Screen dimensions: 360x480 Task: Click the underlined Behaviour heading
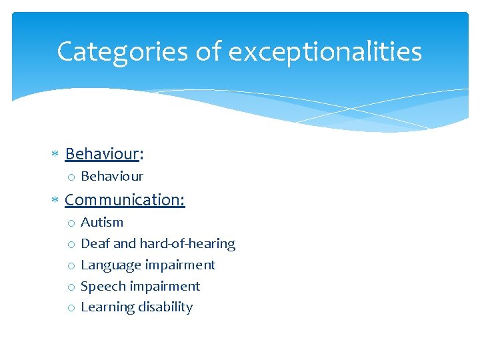(101, 154)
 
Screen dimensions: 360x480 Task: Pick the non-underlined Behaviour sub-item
(111, 177)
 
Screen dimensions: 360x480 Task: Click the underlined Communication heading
(124, 199)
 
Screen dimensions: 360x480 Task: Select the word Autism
(102, 222)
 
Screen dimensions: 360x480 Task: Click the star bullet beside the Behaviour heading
(55, 155)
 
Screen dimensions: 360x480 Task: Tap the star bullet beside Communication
(55, 200)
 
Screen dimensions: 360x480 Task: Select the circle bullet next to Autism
(70, 223)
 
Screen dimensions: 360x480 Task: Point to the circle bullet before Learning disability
(70, 308)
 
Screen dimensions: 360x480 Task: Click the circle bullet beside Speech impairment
(70, 287)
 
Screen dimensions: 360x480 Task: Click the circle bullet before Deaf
(70, 244)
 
